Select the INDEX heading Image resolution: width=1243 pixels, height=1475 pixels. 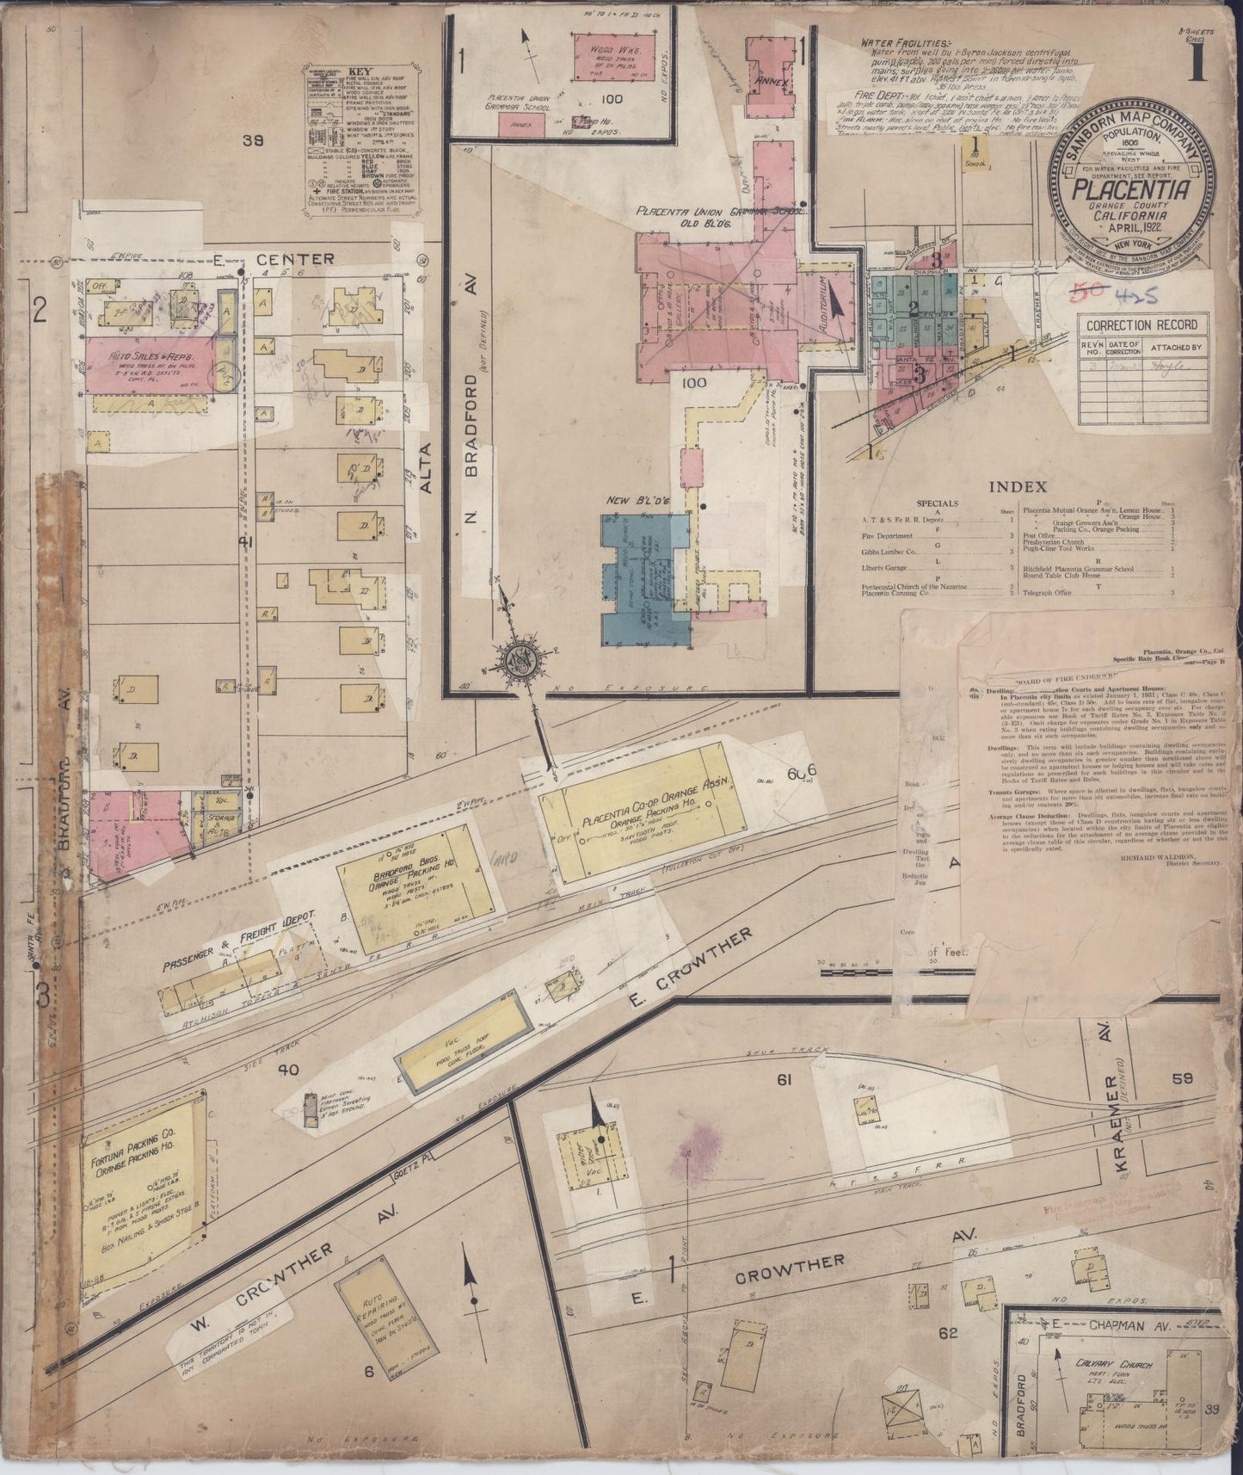1017,487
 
